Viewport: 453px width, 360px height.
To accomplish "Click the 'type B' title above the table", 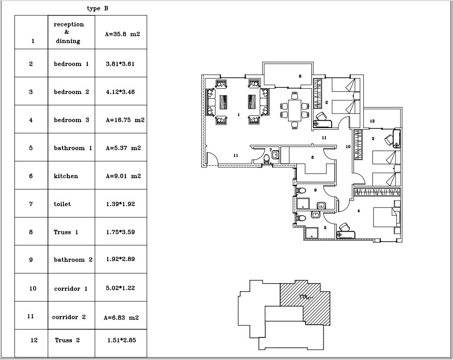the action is tap(98, 9).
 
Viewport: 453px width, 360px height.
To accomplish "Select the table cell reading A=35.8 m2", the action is tap(121, 32).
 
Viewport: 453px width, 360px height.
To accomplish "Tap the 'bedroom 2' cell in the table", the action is tap(72, 91).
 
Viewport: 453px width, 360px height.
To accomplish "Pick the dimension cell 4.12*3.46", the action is tap(121, 91).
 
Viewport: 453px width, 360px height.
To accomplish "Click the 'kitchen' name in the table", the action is tap(66, 176).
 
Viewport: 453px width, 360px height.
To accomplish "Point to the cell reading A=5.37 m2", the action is tap(121, 147).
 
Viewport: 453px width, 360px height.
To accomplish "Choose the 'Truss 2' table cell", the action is tap(72, 343).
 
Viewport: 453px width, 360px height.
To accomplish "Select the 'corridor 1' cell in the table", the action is tap(72, 288).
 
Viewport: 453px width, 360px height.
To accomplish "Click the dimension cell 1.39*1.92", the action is tap(121, 204).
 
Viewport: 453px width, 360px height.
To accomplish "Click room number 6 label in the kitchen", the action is tap(312, 157).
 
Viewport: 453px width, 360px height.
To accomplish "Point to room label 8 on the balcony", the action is tap(300, 76).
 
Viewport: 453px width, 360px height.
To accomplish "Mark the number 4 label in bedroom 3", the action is tap(358, 211).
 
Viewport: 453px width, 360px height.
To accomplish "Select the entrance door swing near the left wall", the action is tap(212, 158).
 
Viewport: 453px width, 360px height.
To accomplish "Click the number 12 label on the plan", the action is tap(372, 121).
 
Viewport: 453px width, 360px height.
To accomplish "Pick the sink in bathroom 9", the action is tap(321, 205).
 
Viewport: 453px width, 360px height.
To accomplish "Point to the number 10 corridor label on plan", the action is tap(348, 147).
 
